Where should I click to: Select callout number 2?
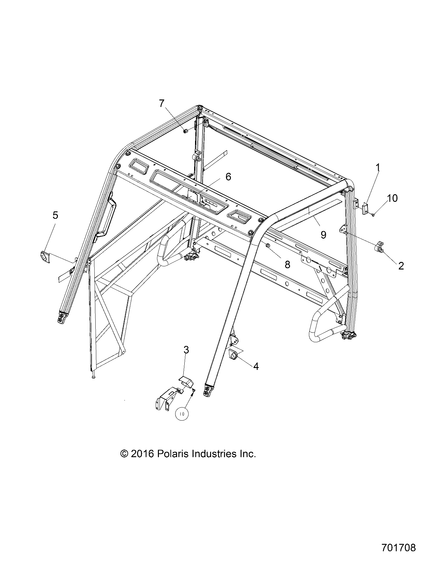(401, 266)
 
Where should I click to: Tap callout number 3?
(186, 350)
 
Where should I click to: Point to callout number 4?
(256, 366)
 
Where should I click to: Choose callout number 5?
(55, 215)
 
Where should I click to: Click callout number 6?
(228, 177)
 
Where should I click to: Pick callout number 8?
(287, 264)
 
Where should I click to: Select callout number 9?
(323, 235)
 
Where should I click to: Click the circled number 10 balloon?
(182, 414)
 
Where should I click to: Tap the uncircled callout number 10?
(392, 198)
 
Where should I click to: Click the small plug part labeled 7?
(186, 131)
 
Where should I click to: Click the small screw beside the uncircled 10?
(373, 215)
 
